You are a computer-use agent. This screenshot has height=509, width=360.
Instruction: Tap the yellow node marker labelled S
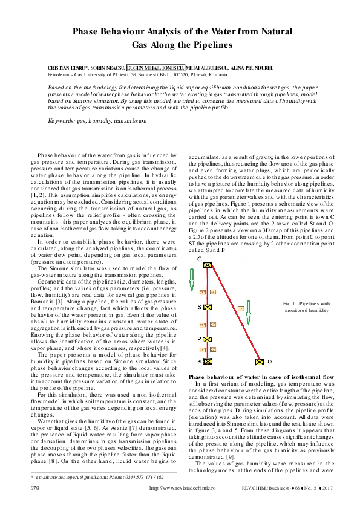point(208,306)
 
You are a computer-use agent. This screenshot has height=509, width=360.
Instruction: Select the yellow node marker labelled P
point(208,339)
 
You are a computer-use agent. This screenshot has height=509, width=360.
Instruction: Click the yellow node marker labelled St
point(208,361)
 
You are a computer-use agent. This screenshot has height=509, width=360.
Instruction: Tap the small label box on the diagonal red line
point(240,308)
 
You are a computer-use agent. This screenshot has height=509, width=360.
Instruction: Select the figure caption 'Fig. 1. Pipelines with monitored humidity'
point(306,306)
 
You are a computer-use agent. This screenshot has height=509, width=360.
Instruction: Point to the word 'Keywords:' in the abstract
point(61,121)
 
